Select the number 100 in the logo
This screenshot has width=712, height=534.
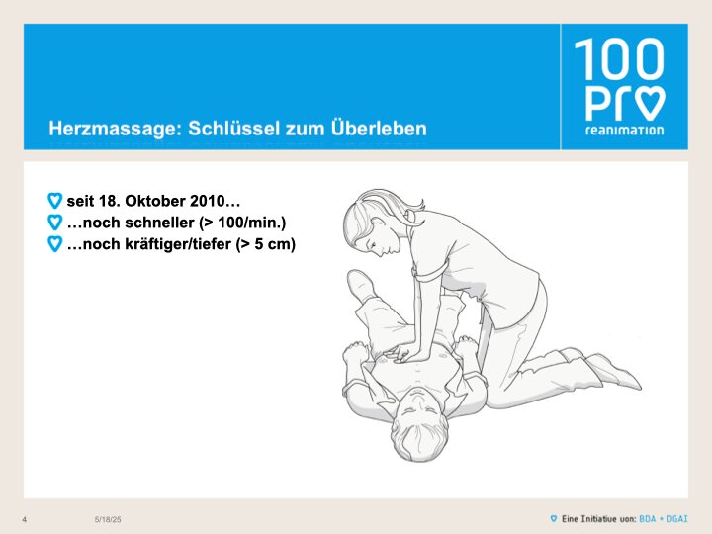click(619, 59)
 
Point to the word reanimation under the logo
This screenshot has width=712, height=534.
click(624, 131)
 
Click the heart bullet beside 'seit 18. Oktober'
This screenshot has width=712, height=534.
click(55, 200)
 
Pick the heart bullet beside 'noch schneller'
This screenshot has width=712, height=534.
click(55, 222)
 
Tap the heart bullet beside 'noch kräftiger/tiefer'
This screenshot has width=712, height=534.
click(55, 244)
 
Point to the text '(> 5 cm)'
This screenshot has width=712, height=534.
click(266, 244)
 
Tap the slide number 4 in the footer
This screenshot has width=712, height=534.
click(25, 519)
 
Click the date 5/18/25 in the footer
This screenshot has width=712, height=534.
click(108, 519)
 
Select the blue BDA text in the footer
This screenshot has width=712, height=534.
click(647, 518)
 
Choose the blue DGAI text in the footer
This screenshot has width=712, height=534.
click(677, 518)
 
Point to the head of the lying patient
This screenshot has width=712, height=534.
click(418, 425)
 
